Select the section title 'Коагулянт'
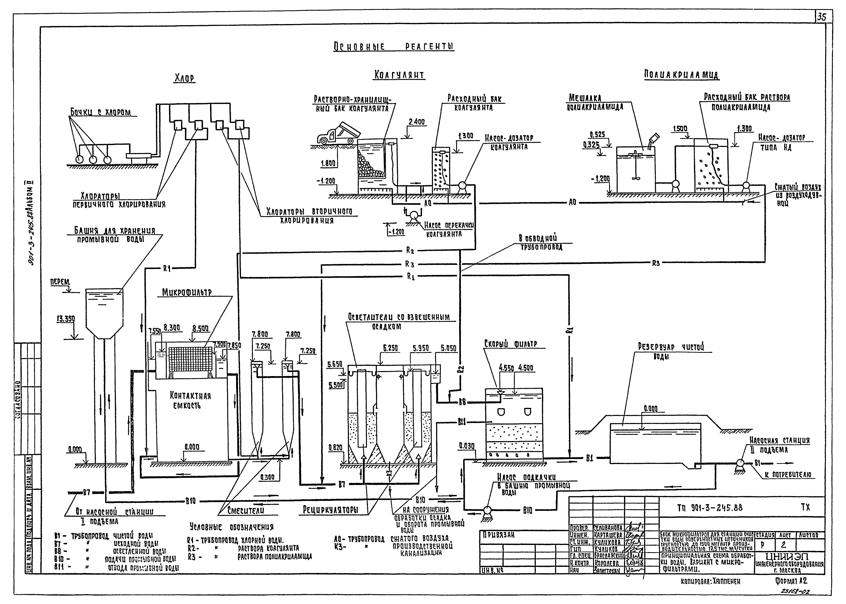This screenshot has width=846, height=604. [399, 75]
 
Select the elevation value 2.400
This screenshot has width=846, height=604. [416, 122]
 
